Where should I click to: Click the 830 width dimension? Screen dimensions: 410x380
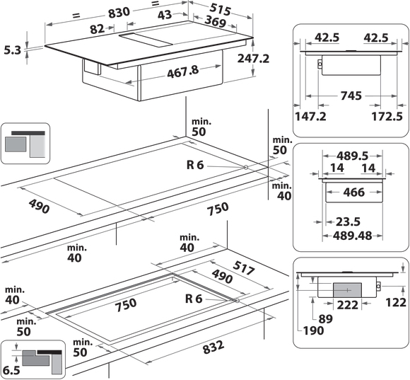click(119, 13)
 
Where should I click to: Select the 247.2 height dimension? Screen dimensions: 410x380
click(253, 58)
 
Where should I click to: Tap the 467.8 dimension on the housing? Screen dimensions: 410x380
click(183, 71)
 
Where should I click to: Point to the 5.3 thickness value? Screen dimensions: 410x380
click(12, 50)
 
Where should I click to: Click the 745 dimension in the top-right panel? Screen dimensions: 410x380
click(351, 96)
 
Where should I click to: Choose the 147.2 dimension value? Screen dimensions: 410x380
click(310, 116)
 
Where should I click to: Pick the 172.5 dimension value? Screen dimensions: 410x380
click(387, 116)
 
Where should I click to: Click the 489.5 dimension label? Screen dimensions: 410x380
click(352, 156)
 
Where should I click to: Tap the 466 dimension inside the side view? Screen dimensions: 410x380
click(353, 192)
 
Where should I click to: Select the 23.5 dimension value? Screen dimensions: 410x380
click(348, 221)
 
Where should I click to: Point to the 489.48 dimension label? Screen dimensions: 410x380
click(352, 236)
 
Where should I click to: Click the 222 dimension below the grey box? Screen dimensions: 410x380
click(348, 305)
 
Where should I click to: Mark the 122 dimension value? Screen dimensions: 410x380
click(396, 302)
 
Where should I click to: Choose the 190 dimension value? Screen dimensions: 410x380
click(314, 330)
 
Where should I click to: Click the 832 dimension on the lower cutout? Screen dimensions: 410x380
click(213, 347)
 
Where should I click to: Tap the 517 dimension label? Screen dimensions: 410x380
click(243, 267)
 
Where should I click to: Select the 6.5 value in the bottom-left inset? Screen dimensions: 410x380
click(11, 370)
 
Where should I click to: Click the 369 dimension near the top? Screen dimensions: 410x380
click(215, 21)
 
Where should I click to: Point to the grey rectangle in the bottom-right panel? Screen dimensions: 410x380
click(347, 290)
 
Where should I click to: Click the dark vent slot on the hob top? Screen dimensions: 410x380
click(146, 40)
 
